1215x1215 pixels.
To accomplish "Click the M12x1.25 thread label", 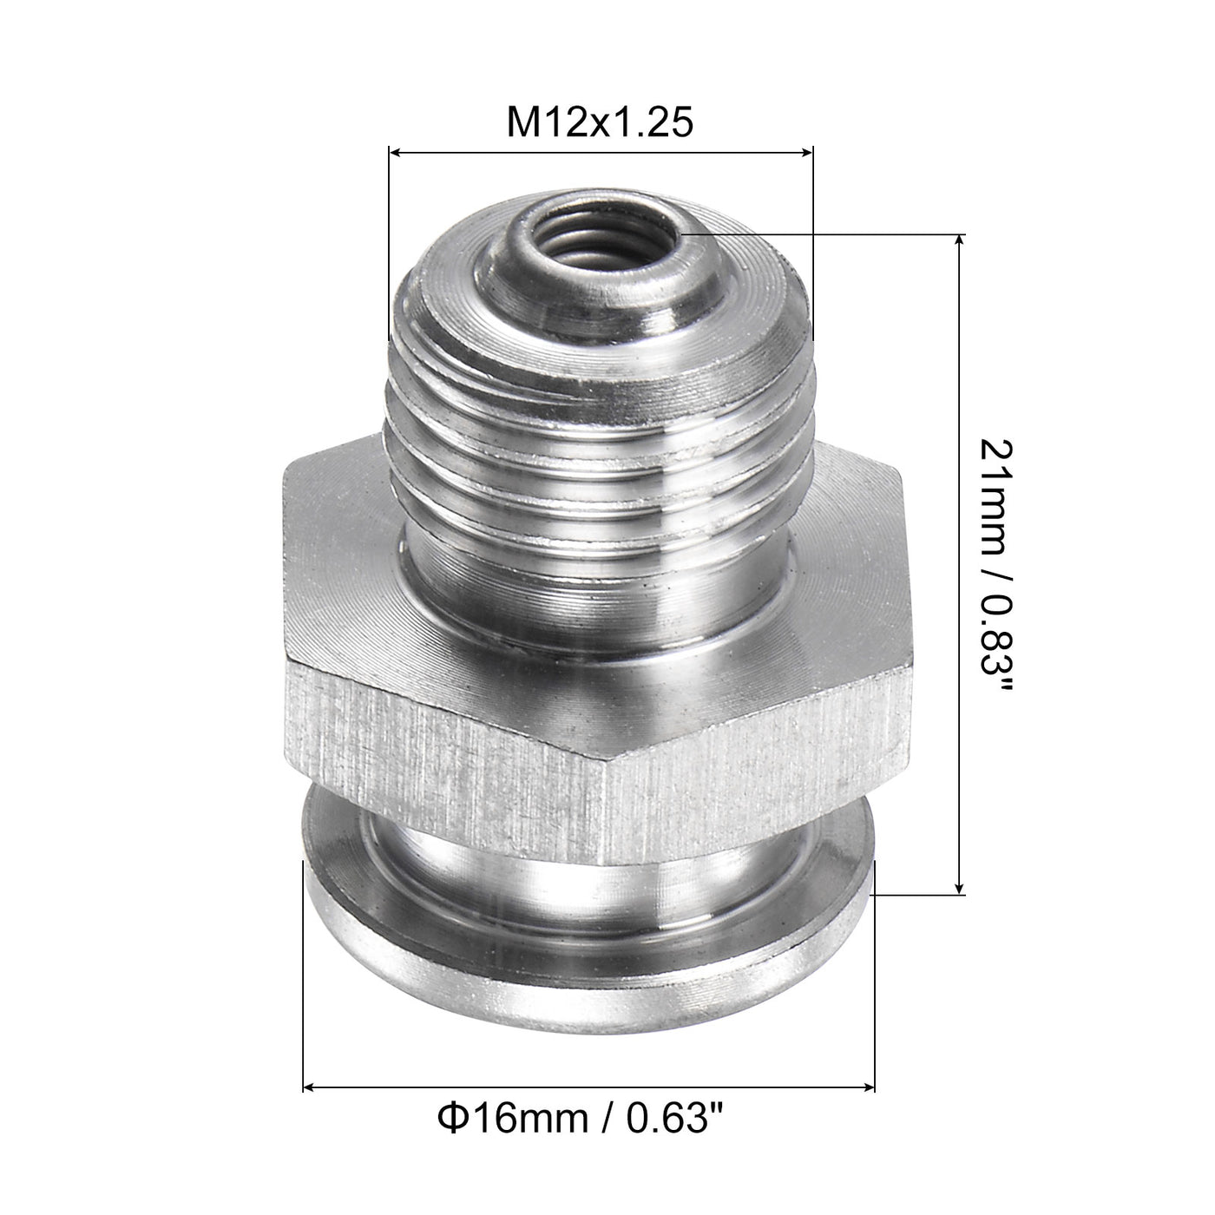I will [601, 123].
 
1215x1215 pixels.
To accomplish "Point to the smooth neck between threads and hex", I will [599, 590].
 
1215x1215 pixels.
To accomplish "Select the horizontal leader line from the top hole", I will [824, 234].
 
